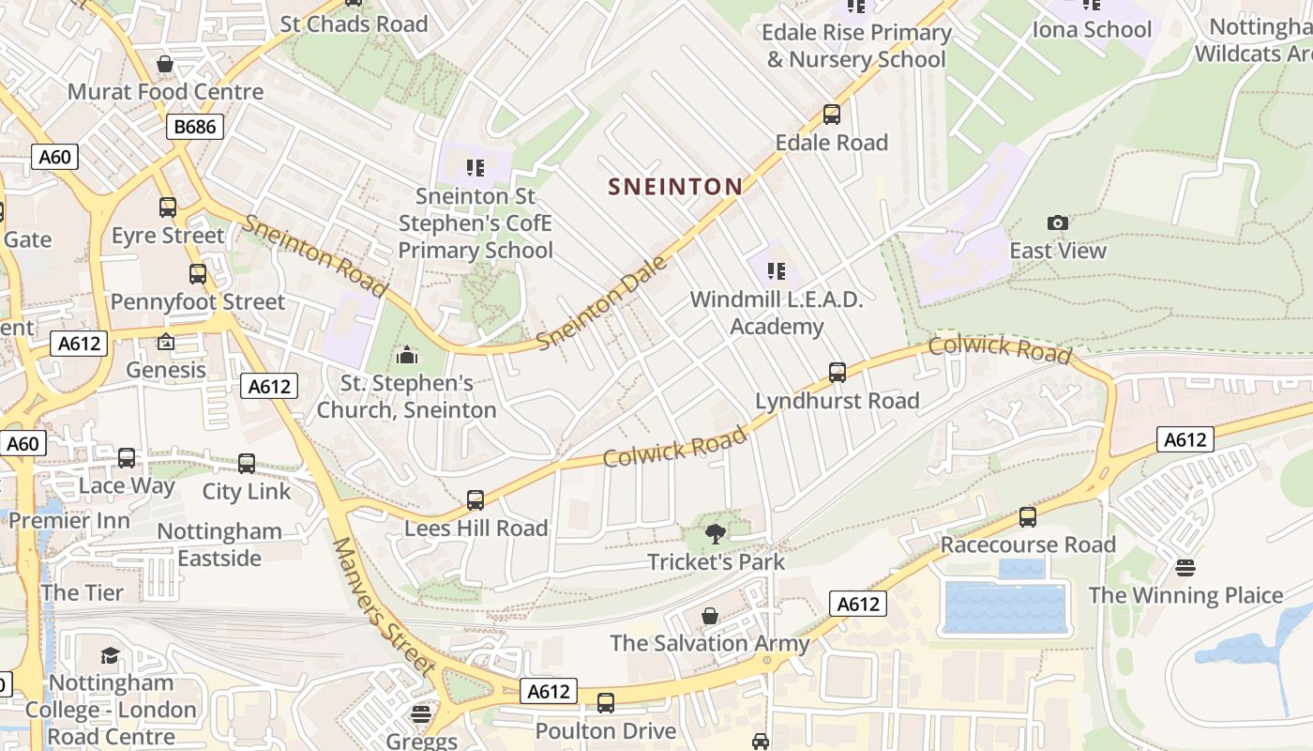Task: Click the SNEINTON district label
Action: coord(675,187)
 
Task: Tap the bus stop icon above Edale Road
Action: coord(831,115)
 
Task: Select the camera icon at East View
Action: coord(1057,223)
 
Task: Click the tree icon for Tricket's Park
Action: coord(716,534)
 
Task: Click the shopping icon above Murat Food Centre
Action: coord(165,64)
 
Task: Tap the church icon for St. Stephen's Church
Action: coord(407,356)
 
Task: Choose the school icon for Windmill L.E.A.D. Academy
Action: coord(776,272)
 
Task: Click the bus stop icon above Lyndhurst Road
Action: coord(838,373)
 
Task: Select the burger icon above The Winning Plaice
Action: coord(1185,568)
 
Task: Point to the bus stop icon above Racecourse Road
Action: coord(1028,517)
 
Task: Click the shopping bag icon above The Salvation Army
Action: coord(710,616)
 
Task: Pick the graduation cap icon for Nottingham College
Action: coord(110,655)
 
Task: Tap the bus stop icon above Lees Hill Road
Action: coord(475,500)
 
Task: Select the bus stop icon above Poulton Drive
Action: coord(606,702)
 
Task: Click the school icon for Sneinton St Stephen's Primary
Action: coord(475,168)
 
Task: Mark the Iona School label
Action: coord(1092,29)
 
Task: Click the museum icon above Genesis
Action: coord(166,343)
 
